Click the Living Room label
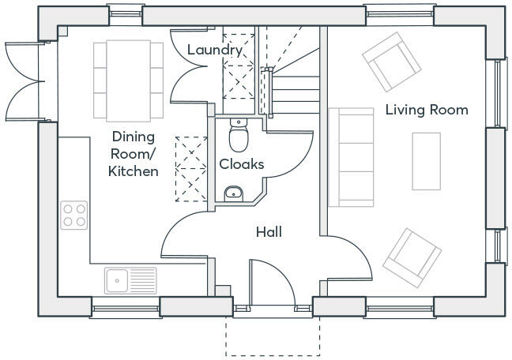pos(427,110)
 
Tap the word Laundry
pos(215,51)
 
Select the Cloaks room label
pos(241,164)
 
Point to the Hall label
pos(269,232)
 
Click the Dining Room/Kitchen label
pos(134,153)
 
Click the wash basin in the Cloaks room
pos(233,192)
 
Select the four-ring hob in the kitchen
pos(74,215)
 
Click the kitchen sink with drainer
pos(130,279)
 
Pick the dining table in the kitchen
pos(128,78)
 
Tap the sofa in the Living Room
pos(350,157)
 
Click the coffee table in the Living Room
pos(427,160)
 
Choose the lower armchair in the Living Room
pos(411,256)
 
